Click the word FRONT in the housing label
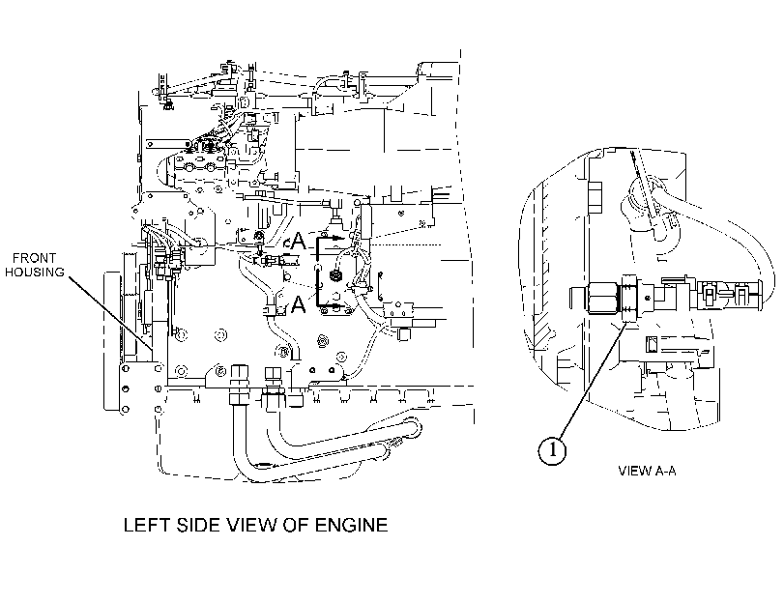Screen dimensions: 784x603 [34, 258]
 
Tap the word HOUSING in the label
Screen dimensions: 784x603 [35, 272]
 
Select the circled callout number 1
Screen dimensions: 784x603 [552, 450]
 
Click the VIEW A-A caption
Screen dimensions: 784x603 [647, 471]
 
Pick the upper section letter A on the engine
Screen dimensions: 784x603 [298, 241]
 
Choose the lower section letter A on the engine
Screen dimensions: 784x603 [298, 304]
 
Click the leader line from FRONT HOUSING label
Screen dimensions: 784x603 [111, 313]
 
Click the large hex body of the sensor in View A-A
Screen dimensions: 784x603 [604, 298]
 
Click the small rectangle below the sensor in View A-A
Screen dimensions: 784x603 [652, 343]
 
